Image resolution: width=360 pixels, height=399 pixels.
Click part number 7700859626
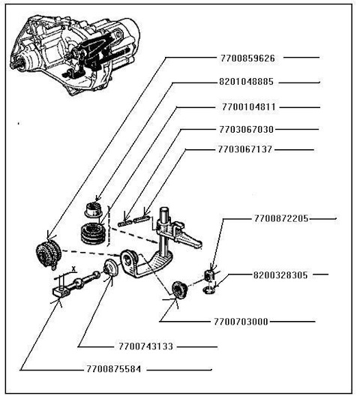(x=248, y=57)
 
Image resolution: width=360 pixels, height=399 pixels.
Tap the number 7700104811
(x=248, y=106)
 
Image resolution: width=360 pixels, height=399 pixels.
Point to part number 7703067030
(x=248, y=128)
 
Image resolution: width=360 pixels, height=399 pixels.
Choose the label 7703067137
(x=248, y=149)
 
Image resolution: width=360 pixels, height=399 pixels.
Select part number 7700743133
(x=145, y=346)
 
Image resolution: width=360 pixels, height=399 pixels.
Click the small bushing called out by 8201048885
(x=95, y=208)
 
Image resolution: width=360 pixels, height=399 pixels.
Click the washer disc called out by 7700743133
(x=110, y=271)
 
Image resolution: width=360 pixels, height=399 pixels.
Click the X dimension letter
(x=73, y=267)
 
